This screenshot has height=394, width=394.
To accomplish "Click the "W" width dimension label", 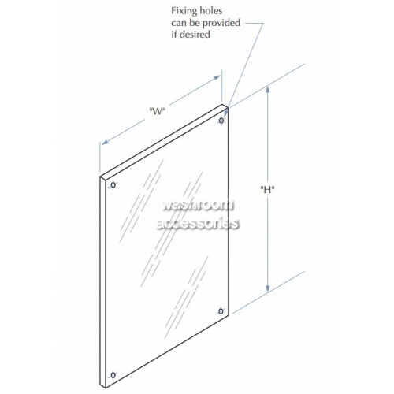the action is (x=158, y=111).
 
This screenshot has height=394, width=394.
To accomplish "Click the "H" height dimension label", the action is (x=267, y=189).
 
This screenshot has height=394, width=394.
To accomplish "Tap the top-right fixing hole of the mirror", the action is (x=221, y=121).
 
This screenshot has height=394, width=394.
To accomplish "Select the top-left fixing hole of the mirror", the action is (x=113, y=185).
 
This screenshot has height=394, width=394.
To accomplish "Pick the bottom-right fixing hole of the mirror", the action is (x=221, y=311).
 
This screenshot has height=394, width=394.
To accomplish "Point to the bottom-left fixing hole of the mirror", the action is (x=113, y=375).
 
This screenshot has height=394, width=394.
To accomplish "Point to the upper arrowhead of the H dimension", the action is (x=268, y=90).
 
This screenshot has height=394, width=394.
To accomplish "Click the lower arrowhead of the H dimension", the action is (x=268, y=288).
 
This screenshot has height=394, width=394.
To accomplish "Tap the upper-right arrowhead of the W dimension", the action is (x=217, y=77).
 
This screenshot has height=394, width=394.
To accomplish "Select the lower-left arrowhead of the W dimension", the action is (x=105, y=142).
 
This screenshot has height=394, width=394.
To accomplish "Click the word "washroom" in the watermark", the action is (x=199, y=206).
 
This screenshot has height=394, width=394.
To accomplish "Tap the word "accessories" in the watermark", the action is (x=198, y=224).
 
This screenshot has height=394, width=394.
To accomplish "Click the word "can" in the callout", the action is (x=179, y=24).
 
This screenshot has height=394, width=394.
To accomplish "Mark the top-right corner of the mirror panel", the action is (x=228, y=107).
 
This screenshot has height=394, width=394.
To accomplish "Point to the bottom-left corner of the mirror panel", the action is (x=106, y=388).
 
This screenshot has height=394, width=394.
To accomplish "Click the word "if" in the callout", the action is (x=174, y=35).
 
